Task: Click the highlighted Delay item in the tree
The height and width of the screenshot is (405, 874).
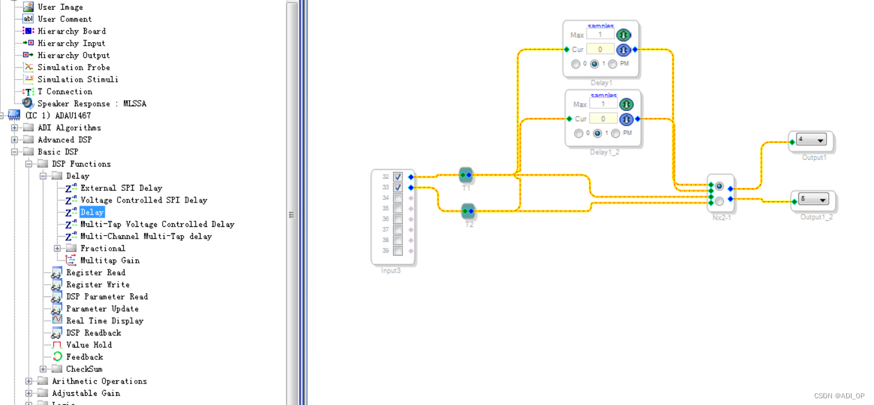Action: tap(92, 212)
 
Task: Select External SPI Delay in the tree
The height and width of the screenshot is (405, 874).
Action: tap(121, 188)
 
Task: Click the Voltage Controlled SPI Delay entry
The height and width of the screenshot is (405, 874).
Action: tap(143, 200)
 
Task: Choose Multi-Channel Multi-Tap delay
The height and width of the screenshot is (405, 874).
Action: tap(146, 236)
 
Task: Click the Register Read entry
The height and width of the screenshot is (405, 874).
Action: tap(96, 273)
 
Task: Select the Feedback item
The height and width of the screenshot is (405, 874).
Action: tap(85, 357)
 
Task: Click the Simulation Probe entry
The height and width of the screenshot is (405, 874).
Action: tap(73, 67)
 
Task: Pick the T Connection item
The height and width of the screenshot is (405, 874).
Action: tap(65, 91)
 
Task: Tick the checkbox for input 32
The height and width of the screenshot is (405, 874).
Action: tap(398, 177)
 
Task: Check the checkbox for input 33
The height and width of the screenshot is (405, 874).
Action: tap(398, 187)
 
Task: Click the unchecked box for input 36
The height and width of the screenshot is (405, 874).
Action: tap(398, 219)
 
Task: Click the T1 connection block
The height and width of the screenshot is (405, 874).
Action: tap(466, 175)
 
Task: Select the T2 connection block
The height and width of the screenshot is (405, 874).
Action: tap(468, 211)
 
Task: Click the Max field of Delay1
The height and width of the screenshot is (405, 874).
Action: tap(600, 35)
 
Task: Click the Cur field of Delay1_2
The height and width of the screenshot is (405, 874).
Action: tap(603, 119)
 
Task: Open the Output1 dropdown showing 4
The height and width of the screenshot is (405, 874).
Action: tap(811, 140)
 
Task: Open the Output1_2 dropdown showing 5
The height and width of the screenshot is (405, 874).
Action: tap(814, 199)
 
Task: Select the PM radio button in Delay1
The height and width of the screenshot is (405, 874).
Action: tap(613, 64)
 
